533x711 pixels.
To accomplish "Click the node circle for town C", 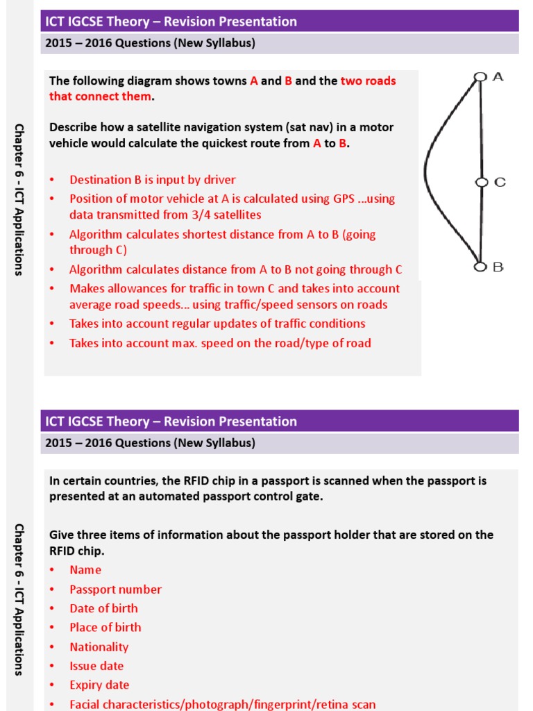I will (x=480, y=182).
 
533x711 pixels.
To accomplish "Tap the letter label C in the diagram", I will (x=500, y=182).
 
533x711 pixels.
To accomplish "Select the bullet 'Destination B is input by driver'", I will (x=153, y=180).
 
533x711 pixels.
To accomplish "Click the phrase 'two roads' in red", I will (x=368, y=81).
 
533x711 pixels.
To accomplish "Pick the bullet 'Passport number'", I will (x=115, y=589).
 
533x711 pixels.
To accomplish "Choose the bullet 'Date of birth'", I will (x=103, y=608).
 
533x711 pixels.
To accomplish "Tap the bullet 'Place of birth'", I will (x=105, y=627).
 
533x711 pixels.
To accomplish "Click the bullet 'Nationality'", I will (x=99, y=646).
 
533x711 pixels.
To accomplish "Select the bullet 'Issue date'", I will (x=96, y=666).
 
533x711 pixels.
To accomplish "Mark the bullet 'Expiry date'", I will (x=99, y=685).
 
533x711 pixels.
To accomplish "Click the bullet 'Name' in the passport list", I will (x=85, y=570).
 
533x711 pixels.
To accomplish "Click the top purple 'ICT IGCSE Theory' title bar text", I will (x=171, y=22).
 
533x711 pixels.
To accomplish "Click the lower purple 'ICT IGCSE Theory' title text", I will (x=171, y=421).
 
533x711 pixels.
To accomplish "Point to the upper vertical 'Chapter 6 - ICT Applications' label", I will (x=19, y=199).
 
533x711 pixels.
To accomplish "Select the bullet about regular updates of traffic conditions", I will (x=217, y=324).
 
